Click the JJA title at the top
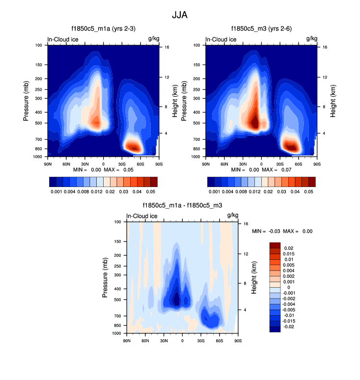tap(180, 15)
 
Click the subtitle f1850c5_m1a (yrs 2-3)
tap(102, 29)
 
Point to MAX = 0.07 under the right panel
tap(276, 169)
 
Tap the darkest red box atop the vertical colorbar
tap(275, 245)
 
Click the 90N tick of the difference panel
tap(126, 340)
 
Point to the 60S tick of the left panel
tap(141, 163)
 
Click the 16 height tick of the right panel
tap(318, 47)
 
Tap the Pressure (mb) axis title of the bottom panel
tap(105, 277)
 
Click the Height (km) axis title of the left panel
tap(175, 101)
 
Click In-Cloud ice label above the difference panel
tap(142, 216)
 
